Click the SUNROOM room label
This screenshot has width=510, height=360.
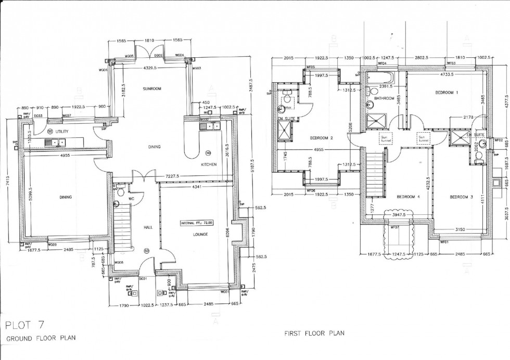pyautogui.click(x=152, y=89)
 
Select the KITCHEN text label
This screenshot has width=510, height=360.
pyautogui.click(x=208, y=165)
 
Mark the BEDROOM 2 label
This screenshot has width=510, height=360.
pyautogui.click(x=321, y=138)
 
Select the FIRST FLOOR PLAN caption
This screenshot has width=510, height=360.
pyautogui.click(x=314, y=333)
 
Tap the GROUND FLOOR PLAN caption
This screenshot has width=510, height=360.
pyautogui.click(x=41, y=338)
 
